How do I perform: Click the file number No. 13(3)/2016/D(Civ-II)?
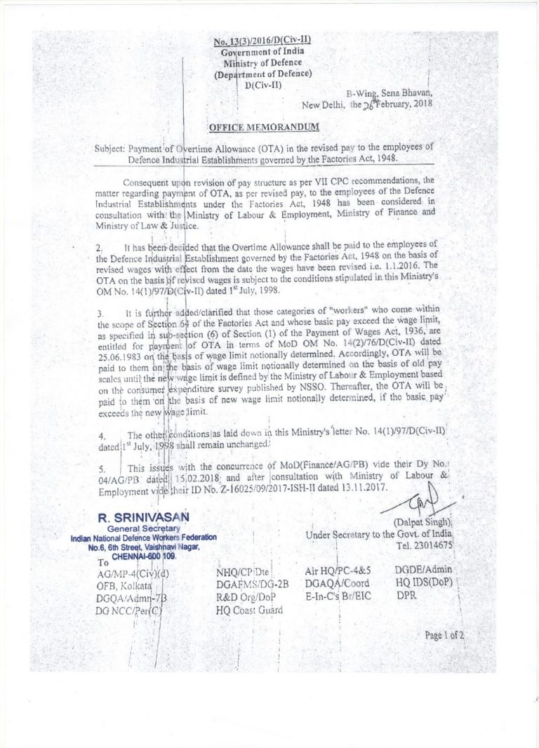pyautogui.click(x=261, y=42)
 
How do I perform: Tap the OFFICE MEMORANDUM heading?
pyautogui.click(x=263, y=127)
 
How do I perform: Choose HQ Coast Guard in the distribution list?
pyautogui.click(x=249, y=610)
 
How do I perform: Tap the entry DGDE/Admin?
pyautogui.click(x=424, y=570)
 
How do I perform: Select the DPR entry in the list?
pyautogui.click(x=408, y=596)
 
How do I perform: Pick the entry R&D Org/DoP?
pyautogui.click(x=246, y=596)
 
